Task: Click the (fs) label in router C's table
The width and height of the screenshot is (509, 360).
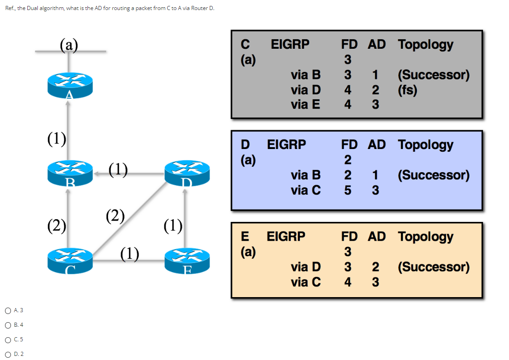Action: (407, 90)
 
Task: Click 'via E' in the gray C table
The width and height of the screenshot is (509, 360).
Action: (305, 104)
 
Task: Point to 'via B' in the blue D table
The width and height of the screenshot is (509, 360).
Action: (305, 175)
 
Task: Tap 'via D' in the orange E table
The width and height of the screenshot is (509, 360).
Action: (305, 267)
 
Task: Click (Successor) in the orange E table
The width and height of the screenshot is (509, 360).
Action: (433, 267)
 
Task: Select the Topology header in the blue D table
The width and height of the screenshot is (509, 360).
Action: (425, 145)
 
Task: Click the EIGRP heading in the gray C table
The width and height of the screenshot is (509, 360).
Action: (290, 44)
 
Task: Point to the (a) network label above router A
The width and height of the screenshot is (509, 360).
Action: (69, 45)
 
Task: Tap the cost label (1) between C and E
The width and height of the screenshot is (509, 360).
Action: (130, 253)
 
